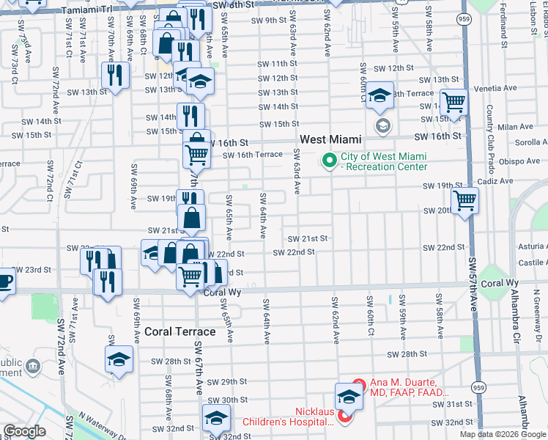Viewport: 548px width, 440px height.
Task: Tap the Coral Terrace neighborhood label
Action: click(x=180, y=331)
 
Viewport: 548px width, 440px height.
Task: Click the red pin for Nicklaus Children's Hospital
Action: click(x=344, y=417)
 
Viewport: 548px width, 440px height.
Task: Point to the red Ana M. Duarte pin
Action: click(x=358, y=384)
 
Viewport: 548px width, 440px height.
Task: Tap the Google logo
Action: click(x=25, y=432)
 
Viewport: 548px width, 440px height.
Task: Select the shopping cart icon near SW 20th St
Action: click(x=464, y=199)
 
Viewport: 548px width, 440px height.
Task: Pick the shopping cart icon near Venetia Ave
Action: click(x=453, y=103)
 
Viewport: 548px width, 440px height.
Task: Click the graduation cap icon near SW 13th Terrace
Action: click(x=380, y=97)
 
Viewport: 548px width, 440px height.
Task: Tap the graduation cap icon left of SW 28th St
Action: click(x=118, y=359)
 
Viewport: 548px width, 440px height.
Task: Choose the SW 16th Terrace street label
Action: click(x=252, y=155)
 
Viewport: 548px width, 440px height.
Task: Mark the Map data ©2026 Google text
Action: click(x=503, y=434)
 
